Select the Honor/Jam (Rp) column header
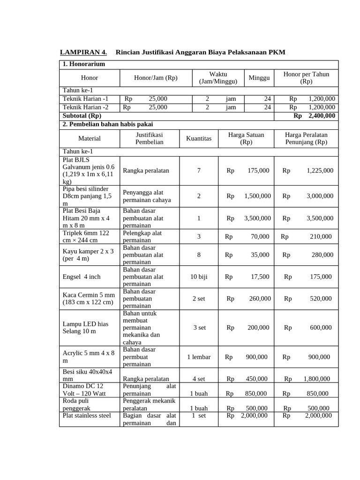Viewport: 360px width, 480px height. pyautogui.click(x=156, y=78)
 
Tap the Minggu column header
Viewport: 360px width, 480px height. pyautogui.click(x=259, y=78)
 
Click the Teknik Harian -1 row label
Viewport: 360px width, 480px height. pyautogui.click(x=86, y=99)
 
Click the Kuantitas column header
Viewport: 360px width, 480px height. pyautogui.click(x=199, y=138)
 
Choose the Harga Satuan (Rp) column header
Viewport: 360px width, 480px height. pyautogui.click(x=246, y=138)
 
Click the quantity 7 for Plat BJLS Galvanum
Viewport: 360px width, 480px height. pyautogui.click(x=199, y=171)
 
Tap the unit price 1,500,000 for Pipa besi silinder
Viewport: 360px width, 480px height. pyautogui.click(x=257, y=196)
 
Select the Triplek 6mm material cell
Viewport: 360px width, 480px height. pyautogui.click(x=86, y=237)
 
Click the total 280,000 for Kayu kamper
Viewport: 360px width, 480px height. pyautogui.click(x=322, y=255)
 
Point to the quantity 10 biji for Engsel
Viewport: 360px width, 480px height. pyautogui.click(x=199, y=277)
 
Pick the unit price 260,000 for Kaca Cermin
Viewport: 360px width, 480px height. pyautogui.click(x=259, y=299)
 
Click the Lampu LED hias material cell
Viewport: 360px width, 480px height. pyautogui.click(x=85, y=328)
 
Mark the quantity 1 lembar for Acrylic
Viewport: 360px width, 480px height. pyautogui.click(x=199, y=357)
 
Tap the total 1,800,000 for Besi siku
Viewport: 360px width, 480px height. pyautogui.click(x=316, y=379)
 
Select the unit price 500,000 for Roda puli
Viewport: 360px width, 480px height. pyautogui.click(x=256, y=408)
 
